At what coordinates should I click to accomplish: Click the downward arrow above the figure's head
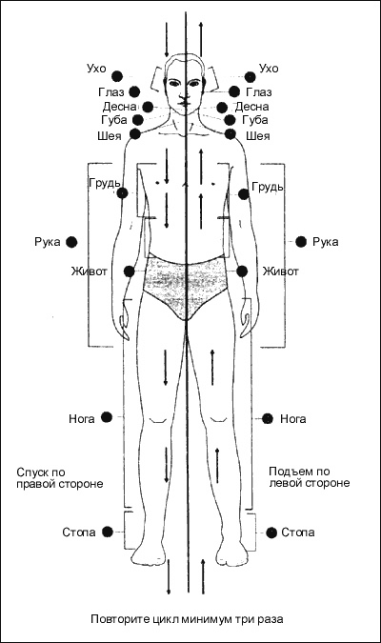[x=167, y=40]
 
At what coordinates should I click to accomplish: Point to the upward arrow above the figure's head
[x=201, y=40]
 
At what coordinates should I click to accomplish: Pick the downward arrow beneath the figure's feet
[x=169, y=576]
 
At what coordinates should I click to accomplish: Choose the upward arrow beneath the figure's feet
[x=203, y=576]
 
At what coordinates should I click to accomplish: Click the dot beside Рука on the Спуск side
[x=71, y=242]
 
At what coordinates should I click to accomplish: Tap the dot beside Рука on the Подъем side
[x=301, y=242]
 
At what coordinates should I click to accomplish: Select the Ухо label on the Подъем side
[x=269, y=68]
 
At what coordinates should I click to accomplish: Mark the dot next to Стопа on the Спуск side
[x=108, y=532]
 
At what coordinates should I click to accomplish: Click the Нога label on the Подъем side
[x=292, y=419]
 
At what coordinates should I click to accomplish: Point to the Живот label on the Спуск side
[x=90, y=271]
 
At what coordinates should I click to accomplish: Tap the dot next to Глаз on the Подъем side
[x=234, y=91]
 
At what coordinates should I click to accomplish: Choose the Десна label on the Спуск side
[x=119, y=107]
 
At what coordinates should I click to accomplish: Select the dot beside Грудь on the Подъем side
[x=244, y=194]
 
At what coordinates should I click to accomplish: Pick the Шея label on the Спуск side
[x=110, y=135]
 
